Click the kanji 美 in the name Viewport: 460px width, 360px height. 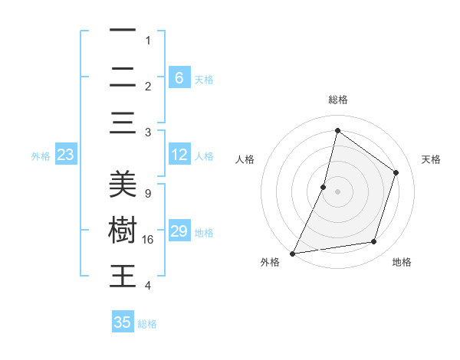coord(123,185)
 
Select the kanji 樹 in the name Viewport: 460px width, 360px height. coord(123,231)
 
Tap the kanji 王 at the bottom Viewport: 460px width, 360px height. coord(123,276)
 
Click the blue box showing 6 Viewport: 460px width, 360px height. coord(179,77)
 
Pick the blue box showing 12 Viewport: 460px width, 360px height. coord(179,155)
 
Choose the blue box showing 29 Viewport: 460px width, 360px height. coord(179,231)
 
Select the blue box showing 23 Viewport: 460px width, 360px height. coord(65,155)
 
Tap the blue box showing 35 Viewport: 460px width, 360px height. coord(123,322)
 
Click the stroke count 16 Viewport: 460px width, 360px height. coord(149,240)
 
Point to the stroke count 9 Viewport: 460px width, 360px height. coord(147,194)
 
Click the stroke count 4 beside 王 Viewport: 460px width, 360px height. coord(147,286)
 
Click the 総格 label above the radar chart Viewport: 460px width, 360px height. coord(337,100)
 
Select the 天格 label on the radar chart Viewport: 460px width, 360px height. coord(431,159)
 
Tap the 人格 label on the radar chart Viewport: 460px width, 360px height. coord(245,159)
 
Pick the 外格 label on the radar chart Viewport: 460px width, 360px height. coord(270,262)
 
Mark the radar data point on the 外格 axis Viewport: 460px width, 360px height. coord(292,254)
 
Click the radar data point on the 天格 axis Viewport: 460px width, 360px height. coord(396,172)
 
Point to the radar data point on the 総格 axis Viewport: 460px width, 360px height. coord(337,130)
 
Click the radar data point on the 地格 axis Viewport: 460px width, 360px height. coord(374,242)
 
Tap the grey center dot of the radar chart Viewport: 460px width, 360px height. coord(337,191)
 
